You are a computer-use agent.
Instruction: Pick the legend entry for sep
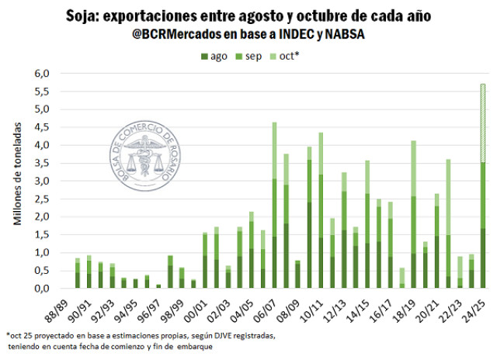(252, 56)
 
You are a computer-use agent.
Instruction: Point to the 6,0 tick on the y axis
(40, 74)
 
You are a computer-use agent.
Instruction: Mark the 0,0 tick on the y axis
(40, 289)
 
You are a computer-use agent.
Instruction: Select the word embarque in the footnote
(194, 347)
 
